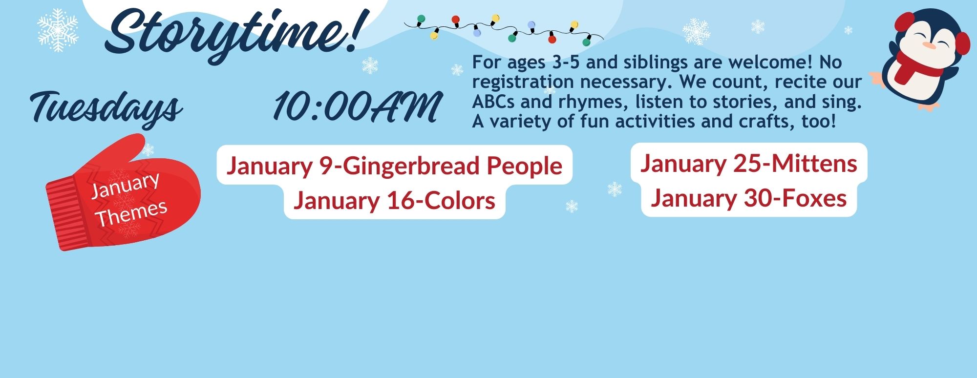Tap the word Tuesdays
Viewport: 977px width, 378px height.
[106, 107]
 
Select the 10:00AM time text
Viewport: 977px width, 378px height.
[357, 106]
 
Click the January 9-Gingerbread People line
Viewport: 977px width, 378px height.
[394, 166]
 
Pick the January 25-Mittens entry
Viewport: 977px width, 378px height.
[749, 163]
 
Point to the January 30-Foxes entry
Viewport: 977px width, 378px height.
[749, 198]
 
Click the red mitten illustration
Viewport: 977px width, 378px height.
[123, 193]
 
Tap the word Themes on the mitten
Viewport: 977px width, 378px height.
[131, 214]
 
